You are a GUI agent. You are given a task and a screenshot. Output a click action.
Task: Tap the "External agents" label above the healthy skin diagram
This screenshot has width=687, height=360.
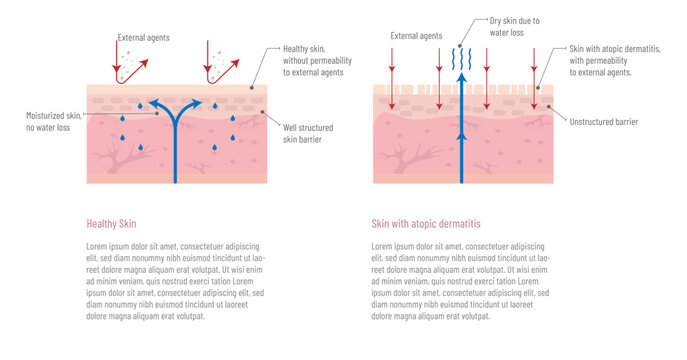point(143,38)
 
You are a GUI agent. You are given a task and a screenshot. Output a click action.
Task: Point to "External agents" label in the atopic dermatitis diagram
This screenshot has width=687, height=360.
point(416,36)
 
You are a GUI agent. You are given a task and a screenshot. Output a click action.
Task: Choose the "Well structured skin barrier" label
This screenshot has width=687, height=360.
point(308,134)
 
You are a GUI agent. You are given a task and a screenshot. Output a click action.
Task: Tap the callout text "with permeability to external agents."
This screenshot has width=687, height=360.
point(606,66)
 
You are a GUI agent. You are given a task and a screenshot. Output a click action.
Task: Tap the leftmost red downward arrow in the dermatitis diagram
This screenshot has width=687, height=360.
point(392,70)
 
